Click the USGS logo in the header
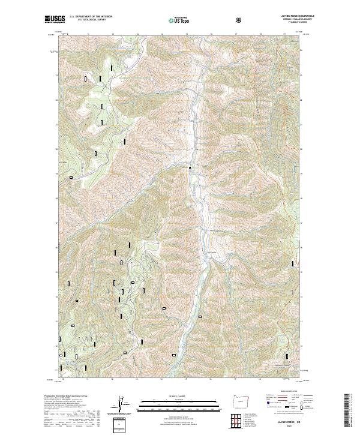(x=55, y=19)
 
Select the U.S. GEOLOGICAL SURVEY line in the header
(x=88, y=20)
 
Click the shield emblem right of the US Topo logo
(x=239, y=19)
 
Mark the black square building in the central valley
(x=190, y=167)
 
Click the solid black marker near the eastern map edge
(x=293, y=262)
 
